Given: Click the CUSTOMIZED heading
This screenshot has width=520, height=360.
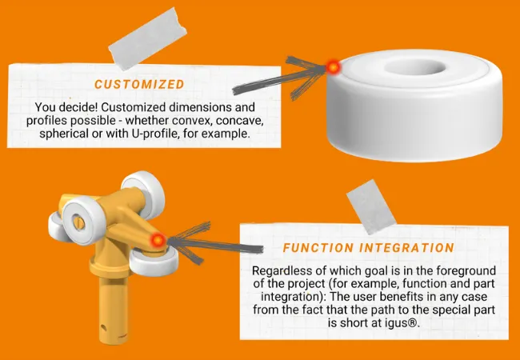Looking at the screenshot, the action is [x=139, y=84].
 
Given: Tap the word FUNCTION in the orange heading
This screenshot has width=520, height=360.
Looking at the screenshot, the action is [x=314, y=248].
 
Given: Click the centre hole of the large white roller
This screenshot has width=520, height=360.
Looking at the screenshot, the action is [x=415, y=67].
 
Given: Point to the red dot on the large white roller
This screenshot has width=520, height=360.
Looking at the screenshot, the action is [x=334, y=67].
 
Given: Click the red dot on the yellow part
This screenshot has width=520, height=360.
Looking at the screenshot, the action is [x=158, y=239].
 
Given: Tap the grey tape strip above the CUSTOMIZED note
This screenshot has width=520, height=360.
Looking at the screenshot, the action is [x=147, y=38].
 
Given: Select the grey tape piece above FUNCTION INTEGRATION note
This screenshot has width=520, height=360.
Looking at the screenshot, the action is [x=371, y=207].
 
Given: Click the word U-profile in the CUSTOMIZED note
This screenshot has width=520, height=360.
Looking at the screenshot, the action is [x=190, y=134].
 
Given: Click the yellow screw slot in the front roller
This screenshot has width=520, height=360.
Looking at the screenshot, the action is [x=79, y=222].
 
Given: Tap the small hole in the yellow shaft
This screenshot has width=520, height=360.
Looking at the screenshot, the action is [x=103, y=327].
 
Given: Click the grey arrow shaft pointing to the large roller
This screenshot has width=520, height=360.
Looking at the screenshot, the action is [x=278, y=80].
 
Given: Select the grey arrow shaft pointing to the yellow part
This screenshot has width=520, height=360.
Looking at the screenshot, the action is [x=215, y=245].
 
